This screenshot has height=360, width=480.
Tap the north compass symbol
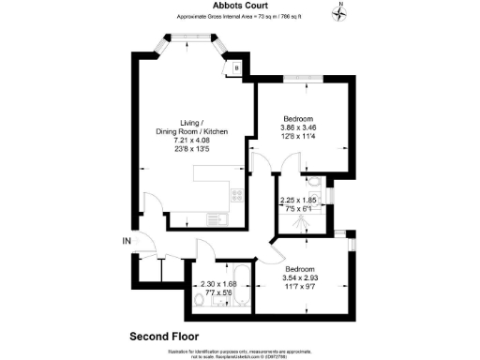pyautogui.click(x=340, y=12)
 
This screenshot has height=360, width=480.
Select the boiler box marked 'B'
pyautogui.click(x=236, y=67)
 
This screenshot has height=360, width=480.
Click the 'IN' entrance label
pyautogui.click(x=127, y=241)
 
